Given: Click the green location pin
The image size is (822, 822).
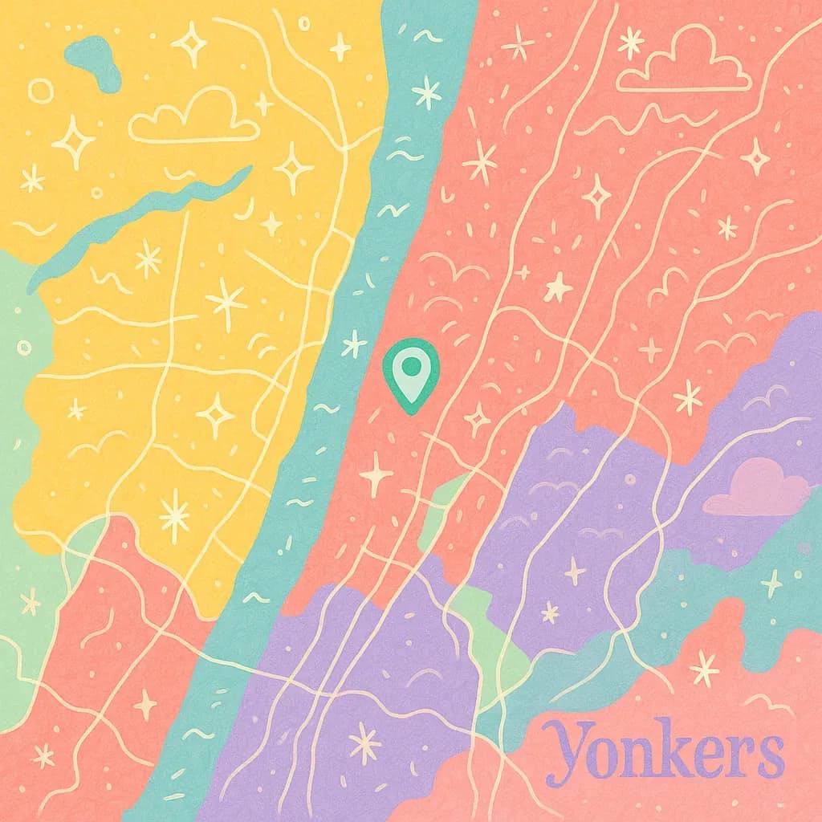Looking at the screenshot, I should click(x=411, y=376).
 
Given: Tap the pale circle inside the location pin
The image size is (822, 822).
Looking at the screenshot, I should click(x=411, y=367).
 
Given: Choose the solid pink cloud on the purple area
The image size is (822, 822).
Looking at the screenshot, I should click(x=756, y=490).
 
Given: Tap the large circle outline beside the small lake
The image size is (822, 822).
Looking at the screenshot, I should click(x=40, y=91).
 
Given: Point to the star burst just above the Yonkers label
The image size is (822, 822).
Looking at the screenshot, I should click(x=704, y=667).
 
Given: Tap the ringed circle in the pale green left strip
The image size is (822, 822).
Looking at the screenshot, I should click(x=24, y=348).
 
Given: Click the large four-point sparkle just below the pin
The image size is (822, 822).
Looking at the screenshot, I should click(x=376, y=474).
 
